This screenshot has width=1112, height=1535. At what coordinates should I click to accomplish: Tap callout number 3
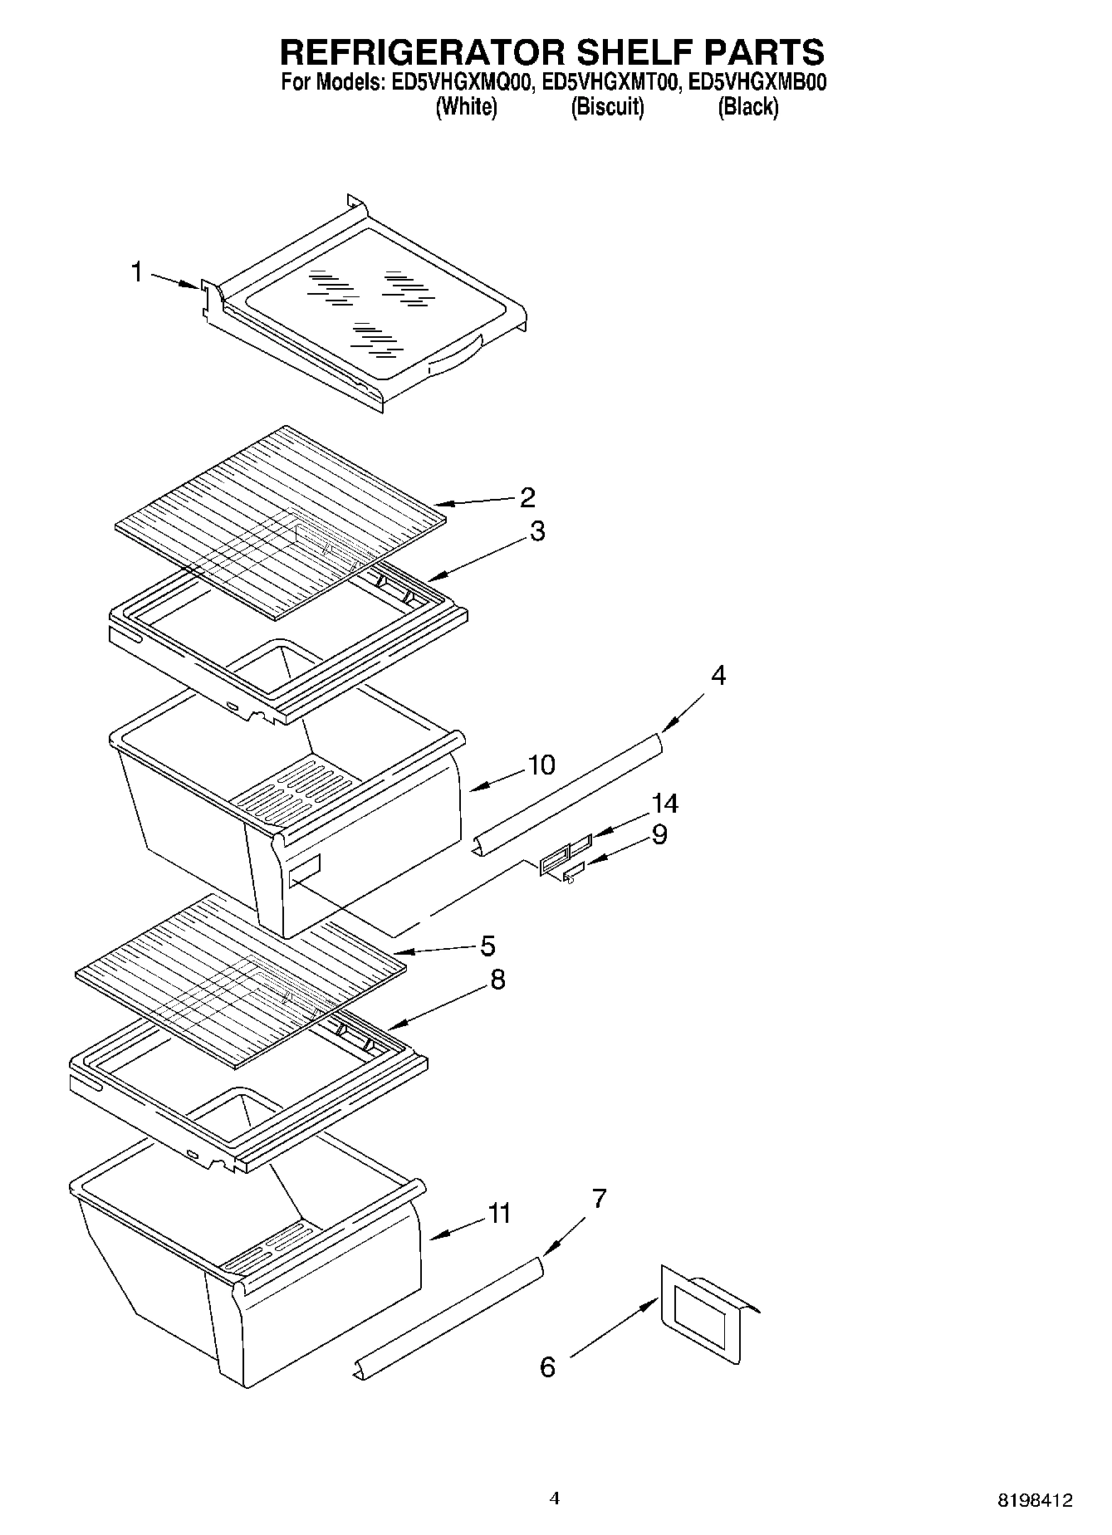(x=537, y=531)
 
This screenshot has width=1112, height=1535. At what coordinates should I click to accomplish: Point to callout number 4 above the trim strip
(x=718, y=676)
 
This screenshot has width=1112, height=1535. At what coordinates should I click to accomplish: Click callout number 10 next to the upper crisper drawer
(x=541, y=765)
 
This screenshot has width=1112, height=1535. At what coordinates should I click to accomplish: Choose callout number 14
(x=664, y=804)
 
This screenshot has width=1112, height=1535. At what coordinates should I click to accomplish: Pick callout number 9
(x=659, y=834)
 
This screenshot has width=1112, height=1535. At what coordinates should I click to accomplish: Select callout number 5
(x=487, y=946)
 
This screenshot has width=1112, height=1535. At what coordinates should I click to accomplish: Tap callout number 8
(x=497, y=980)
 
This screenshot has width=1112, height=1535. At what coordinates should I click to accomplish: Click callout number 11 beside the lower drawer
(x=498, y=1214)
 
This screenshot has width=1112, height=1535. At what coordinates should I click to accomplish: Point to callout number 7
(x=599, y=1199)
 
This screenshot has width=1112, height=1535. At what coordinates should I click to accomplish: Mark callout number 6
(x=547, y=1366)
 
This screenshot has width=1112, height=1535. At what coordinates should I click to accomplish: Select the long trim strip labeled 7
(x=448, y=1321)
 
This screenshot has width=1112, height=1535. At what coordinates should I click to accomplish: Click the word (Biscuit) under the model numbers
(x=607, y=107)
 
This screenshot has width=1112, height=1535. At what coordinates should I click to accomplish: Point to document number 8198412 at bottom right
(x=1035, y=1500)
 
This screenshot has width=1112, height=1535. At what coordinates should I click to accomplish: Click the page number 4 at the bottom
(x=555, y=1498)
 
